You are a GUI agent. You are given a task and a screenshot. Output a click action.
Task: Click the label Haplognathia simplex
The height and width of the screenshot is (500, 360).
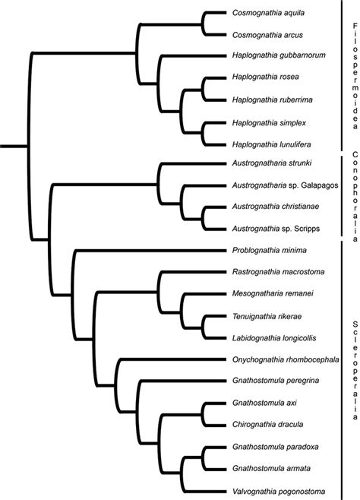(270, 121)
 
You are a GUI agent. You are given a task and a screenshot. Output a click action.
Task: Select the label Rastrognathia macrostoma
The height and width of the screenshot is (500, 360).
(280, 272)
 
